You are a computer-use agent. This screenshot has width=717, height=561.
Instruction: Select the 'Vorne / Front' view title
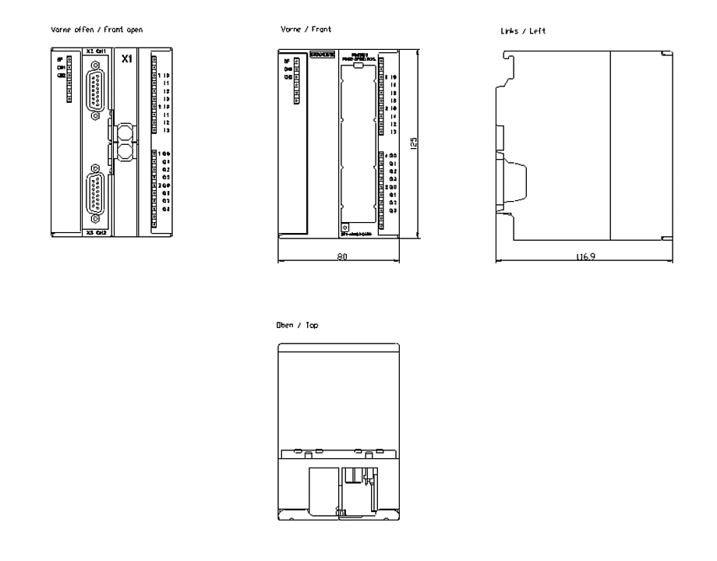306,29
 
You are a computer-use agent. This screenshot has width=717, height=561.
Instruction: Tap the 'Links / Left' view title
525,31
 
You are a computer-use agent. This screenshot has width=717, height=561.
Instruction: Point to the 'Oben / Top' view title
296,325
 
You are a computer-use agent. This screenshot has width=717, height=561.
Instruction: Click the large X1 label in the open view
126,58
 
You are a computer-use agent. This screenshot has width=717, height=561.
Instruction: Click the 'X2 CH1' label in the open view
96,51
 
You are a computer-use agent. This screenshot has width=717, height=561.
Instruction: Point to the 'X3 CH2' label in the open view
96,232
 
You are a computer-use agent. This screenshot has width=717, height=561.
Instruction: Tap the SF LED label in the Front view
287,60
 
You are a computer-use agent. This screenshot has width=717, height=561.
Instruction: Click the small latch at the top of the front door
358,66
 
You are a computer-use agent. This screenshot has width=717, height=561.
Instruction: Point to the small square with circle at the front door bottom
344,226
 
